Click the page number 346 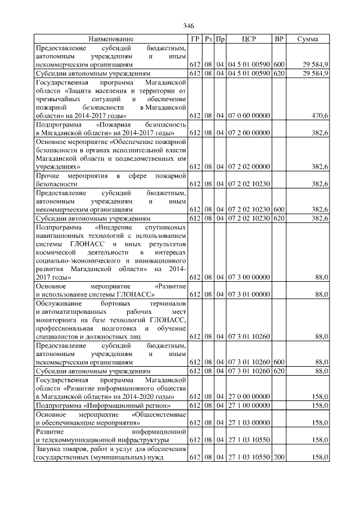188,26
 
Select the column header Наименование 111,39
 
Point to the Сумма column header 308,39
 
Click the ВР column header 278,39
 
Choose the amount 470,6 319,115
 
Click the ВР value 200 279,457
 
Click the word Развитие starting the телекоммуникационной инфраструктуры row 49,431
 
